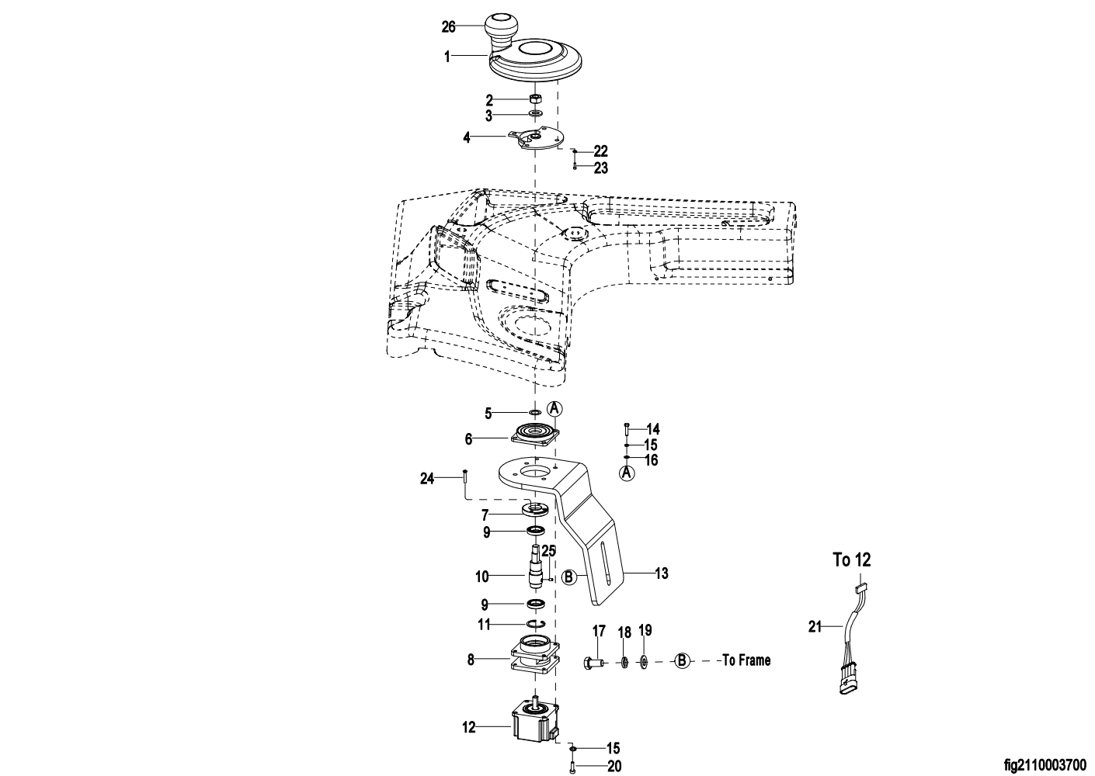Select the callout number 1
[447, 57]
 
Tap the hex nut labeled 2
[534, 99]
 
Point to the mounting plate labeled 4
[537, 139]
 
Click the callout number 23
[601, 168]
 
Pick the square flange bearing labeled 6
[535, 434]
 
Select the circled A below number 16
[627, 473]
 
